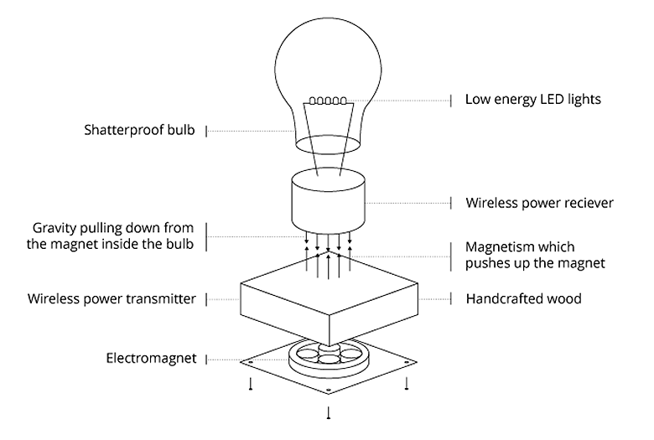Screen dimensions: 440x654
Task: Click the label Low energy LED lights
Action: [x=533, y=100]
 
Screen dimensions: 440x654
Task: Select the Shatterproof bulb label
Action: [x=140, y=131]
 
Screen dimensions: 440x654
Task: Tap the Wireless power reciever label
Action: [x=540, y=203]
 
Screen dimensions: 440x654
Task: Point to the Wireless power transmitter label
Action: [x=112, y=298]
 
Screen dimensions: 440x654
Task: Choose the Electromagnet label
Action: [x=151, y=358]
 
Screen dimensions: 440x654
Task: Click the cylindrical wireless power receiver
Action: [x=327, y=203]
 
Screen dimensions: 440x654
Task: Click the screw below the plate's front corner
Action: [x=328, y=412]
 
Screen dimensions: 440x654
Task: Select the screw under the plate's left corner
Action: [x=250, y=384]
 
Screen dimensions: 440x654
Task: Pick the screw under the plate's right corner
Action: [x=407, y=384]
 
